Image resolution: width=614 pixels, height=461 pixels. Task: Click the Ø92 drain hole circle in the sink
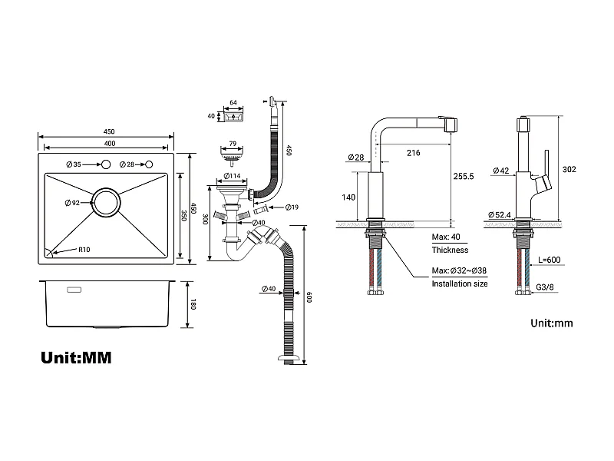(105, 203)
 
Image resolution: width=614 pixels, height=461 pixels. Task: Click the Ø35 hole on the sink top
(107, 165)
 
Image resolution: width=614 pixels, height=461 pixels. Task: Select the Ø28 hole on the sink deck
(149, 165)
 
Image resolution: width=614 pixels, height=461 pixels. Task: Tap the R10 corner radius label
(84, 250)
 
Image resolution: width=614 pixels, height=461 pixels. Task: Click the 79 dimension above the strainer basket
(231, 142)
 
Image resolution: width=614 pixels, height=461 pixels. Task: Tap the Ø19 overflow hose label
(292, 207)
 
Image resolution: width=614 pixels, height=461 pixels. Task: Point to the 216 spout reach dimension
(413, 153)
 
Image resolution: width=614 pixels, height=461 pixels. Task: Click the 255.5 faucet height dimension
(464, 176)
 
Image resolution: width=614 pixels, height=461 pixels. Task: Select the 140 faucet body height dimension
(349, 197)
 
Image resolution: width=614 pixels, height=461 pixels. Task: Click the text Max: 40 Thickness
(449, 243)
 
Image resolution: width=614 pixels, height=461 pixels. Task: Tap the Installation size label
(459, 284)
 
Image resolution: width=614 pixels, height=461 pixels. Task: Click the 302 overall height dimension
(569, 169)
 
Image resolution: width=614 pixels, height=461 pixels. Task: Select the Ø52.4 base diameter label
(500, 214)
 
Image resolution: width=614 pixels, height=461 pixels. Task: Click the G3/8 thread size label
(546, 287)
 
